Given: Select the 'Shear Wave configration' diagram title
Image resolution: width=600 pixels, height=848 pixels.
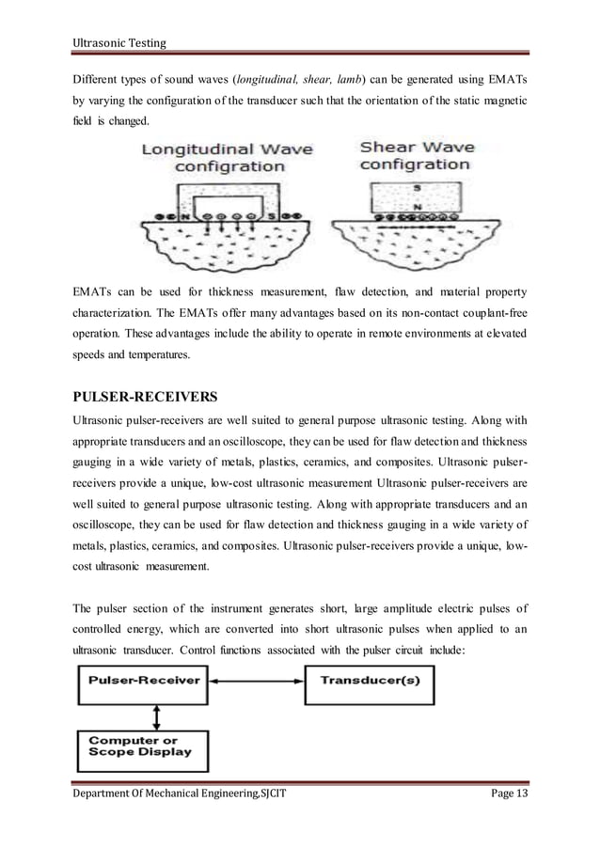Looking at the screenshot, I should click(416, 155).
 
